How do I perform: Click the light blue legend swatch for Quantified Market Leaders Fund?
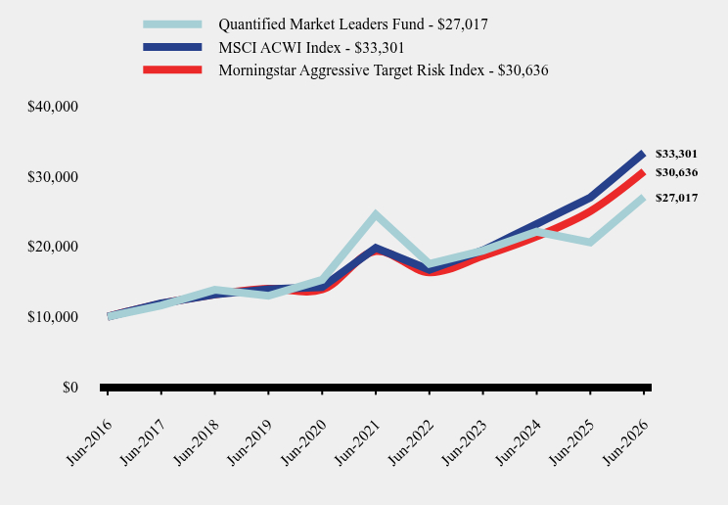coord(172,24)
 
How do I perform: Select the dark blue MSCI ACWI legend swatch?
coord(172,47)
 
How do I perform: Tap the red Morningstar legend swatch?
coord(172,69)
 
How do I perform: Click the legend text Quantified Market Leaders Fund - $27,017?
coord(353,24)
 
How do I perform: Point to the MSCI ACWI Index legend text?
coord(311,47)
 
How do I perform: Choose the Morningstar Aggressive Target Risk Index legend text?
coord(383,70)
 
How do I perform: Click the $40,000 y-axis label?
coord(53,107)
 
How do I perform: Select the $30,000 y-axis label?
coord(53,177)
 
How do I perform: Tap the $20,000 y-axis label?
coord(53,247)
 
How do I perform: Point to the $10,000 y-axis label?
coord(53,317)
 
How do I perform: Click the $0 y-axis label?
coord(70,387)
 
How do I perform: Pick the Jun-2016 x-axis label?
coord(90,441)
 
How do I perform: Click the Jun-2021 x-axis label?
coord(358,441)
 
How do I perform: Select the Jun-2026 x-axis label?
coord(626,441)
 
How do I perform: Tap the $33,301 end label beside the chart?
coord(676,154)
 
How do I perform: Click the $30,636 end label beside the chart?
coord(676,172)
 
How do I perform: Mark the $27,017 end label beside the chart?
coord(676,198)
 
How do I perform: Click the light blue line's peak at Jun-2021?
coord(376,214)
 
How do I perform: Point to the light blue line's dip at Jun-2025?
coord(590,242)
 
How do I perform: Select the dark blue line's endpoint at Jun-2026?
coord(643,155)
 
